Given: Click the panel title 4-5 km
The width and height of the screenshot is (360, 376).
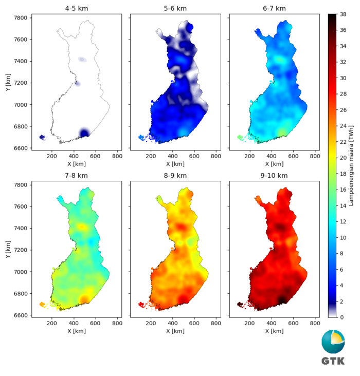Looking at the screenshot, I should tap(77, 9).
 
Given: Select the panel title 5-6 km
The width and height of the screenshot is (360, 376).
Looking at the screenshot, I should tap(175, 9).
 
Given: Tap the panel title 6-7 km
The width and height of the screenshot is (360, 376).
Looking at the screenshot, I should tap(274, 9).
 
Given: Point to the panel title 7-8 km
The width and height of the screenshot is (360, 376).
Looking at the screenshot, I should tap(77, 176).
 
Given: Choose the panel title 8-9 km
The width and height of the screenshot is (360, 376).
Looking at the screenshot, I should tap(175, 176).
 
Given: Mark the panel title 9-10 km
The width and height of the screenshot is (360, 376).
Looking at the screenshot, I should tap(274, 176).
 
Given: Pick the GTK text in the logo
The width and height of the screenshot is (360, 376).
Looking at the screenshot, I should tap(333, 361).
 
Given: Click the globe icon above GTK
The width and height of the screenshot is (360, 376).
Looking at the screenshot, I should tap(333, 342).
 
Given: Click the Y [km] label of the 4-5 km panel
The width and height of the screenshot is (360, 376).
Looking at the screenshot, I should tap(6, 82).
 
